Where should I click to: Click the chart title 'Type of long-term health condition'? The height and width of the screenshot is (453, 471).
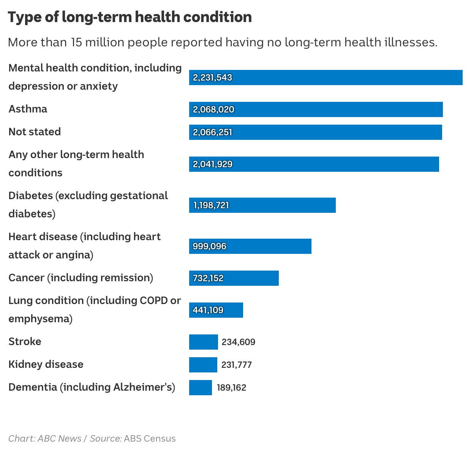(x=130, y=17)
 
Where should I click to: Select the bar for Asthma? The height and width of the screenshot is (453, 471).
(x=316, y=109)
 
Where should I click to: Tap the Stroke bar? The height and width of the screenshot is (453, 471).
(x=203, y=342)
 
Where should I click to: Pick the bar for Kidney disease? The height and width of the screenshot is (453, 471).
(x=203, y=364)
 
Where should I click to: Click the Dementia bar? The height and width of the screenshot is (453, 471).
(x=201, y=387)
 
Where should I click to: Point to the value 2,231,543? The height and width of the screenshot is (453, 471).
(x=212, y=78)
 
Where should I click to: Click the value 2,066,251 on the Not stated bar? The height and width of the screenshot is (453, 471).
(x=212, y=132)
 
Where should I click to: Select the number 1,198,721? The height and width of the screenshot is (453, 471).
(x=211, y=205)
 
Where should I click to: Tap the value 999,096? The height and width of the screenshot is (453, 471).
(x=209, y=246)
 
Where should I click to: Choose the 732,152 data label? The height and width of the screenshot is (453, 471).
(x=208, y=278)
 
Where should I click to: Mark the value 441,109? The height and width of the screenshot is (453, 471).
(x=208, y=310)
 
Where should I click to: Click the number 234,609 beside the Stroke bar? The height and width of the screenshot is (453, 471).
(x=239, y=342)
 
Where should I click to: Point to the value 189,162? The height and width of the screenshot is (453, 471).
(x=231, y=388)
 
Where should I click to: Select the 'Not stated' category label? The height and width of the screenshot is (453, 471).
(x=35, y=132)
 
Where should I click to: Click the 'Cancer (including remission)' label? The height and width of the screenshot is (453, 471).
(x=81, y=278)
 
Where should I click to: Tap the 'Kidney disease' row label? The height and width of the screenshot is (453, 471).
(x=46, y=364)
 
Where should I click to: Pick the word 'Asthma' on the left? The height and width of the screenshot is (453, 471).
(x=28, y=109)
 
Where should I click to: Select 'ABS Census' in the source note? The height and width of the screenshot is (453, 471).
(x=150, y=439)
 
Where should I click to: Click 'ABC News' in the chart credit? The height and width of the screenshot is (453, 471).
(x=60, y=439)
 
